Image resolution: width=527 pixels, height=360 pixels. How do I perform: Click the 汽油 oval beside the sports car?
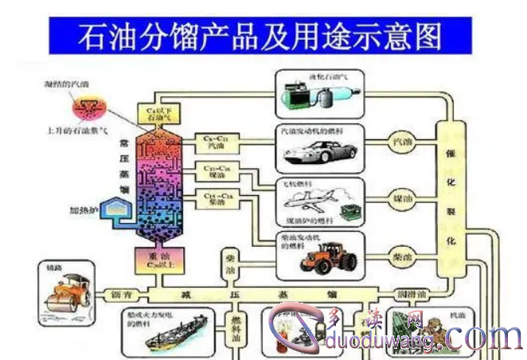[404, 142]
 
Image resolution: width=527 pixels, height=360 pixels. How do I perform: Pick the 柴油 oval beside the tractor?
[404, 258]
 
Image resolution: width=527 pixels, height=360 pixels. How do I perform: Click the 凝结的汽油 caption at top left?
[65, 82]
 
